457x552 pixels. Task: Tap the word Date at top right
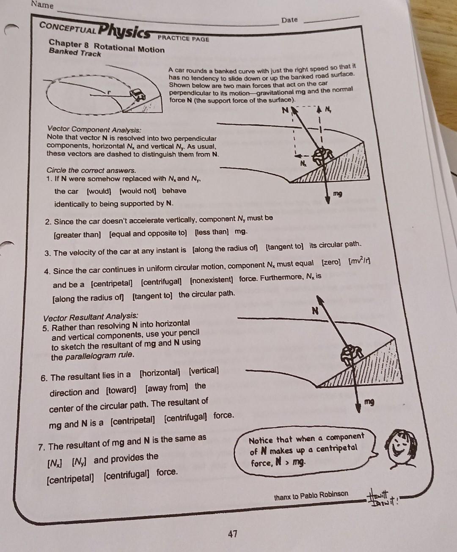289,20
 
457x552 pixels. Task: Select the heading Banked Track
75,53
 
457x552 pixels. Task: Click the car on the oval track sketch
138,94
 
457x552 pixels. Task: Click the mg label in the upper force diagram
337,194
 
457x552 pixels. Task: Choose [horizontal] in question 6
160,373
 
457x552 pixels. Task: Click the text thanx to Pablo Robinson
311,494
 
